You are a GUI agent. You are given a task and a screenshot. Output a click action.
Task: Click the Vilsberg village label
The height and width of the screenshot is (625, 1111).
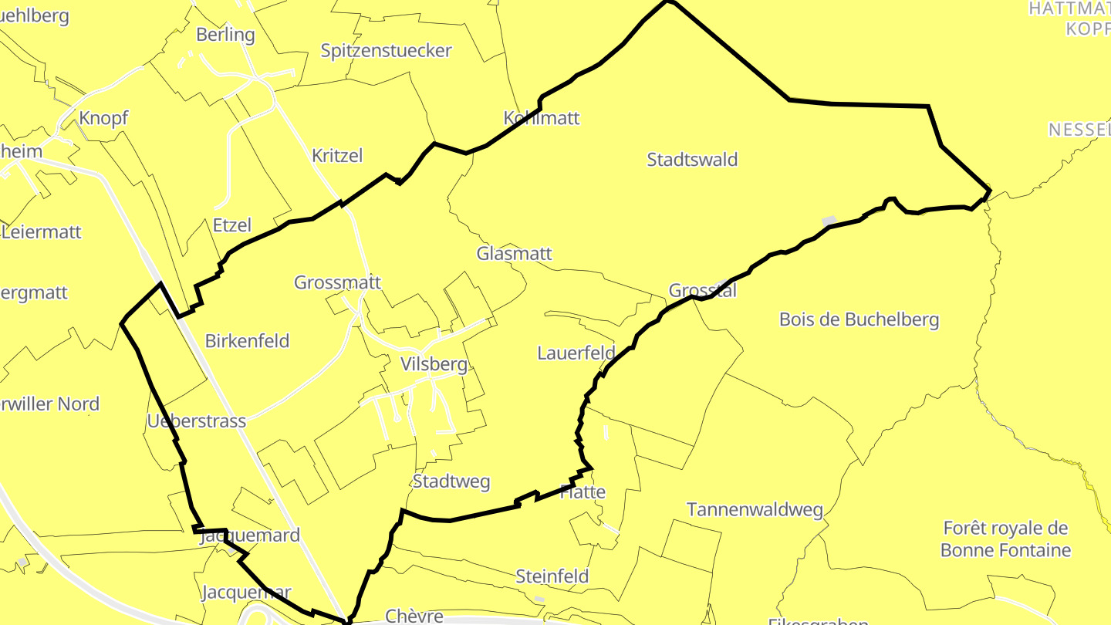434,364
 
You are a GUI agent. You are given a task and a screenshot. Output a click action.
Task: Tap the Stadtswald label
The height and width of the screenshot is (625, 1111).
692,160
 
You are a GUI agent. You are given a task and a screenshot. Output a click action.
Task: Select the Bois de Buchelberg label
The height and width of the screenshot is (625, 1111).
859,319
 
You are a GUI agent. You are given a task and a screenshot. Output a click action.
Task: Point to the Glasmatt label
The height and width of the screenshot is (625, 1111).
514,253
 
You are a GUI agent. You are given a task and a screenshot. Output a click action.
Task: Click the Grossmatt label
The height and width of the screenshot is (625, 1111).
337,282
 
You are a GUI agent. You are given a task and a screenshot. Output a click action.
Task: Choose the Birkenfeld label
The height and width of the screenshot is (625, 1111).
247,340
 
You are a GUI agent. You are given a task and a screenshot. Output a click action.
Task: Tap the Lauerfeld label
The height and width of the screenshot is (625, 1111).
576,353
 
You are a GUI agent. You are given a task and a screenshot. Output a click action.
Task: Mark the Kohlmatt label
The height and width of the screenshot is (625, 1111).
541,118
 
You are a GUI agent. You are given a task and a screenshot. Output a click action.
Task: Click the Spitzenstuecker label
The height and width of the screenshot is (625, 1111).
386,51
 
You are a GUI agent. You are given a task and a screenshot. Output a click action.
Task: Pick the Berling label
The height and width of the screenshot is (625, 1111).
225,35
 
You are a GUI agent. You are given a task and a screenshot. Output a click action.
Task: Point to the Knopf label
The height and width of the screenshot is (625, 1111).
103,118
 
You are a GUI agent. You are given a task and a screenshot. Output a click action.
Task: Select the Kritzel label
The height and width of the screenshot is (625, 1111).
337,155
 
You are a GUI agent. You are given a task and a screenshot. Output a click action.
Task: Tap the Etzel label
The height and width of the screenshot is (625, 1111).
231,225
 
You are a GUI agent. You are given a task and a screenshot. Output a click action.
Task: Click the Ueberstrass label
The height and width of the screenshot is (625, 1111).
196,421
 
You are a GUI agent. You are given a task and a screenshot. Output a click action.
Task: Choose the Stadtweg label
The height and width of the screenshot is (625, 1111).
451,481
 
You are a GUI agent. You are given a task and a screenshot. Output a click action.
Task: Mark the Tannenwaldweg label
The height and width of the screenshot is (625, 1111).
755,510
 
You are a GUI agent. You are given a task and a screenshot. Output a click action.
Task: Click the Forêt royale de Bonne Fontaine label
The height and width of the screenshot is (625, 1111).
1005,539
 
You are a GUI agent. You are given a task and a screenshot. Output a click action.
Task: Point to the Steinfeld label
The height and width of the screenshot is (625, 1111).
552,576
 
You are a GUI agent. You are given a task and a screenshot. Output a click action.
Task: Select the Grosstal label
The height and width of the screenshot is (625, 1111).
702,291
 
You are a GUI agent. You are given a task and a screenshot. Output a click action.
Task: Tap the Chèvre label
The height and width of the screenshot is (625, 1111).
414,616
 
